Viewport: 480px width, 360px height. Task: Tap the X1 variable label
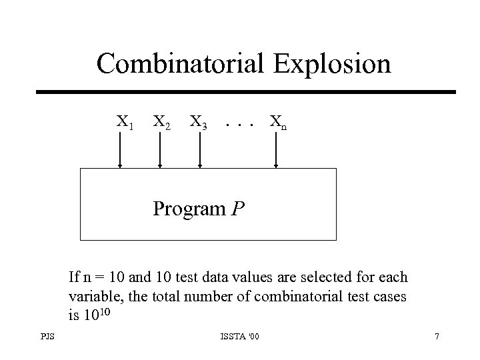124,122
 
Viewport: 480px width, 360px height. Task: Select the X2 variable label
161,122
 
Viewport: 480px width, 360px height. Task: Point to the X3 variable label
198,122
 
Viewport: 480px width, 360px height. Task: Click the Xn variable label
278,122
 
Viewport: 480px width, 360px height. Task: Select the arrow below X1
120,153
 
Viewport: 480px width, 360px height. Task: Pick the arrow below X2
160,153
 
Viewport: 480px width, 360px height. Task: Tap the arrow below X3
199,153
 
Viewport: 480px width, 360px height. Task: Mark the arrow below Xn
277,153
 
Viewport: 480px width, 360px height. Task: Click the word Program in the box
189,209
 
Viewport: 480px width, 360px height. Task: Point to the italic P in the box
238,209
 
